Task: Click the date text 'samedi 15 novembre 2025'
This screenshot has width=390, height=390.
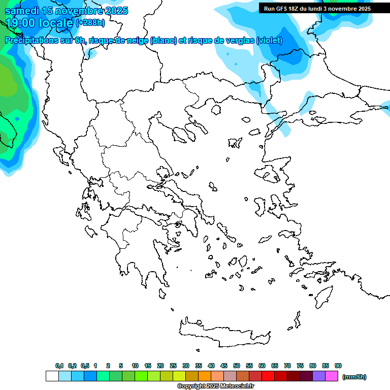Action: (x=67, y=11)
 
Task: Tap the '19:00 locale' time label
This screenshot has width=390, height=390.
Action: (x=39, y=23)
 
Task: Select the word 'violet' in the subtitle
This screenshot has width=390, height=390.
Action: (x=270, y=41)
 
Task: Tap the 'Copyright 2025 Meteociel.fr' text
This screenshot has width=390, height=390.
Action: (x=215, y=386)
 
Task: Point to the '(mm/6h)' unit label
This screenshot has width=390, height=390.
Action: (x=354, y=377)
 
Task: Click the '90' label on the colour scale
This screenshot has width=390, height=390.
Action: (x=338, y=366)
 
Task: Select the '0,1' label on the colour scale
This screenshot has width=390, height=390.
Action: (x=59, y=366)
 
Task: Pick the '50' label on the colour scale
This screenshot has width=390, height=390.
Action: (x=237, y=366)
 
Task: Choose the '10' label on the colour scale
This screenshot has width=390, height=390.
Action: (x=135, y=366)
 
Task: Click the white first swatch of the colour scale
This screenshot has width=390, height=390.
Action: (x=52, y=376)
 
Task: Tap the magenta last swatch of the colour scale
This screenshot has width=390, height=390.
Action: (x=332, y=376)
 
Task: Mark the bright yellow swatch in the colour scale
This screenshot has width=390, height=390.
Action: (x=179, y=376)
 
